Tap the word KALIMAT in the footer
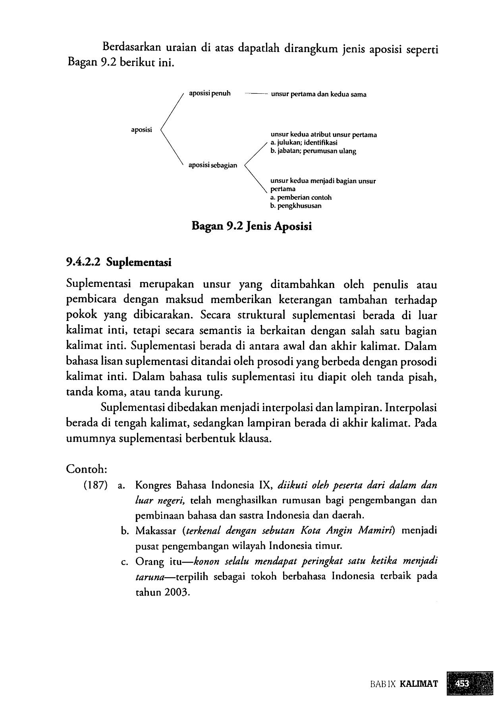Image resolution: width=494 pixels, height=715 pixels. coord(419,684)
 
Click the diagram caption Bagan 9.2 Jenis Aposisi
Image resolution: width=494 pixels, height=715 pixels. coord(251,226)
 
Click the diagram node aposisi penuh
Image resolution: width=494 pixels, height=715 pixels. coord(209,94)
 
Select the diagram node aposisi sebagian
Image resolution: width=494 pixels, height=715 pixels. coord(212,165)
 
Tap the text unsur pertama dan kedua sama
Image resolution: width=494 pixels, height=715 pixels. coord(318,95)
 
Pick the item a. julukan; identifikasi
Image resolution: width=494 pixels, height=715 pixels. coord(304,143)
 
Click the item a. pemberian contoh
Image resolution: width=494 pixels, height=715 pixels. coord(301,197)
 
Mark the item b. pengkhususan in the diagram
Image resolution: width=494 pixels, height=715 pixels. coord(296,206)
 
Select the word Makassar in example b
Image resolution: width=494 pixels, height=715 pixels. coord(155,531)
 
